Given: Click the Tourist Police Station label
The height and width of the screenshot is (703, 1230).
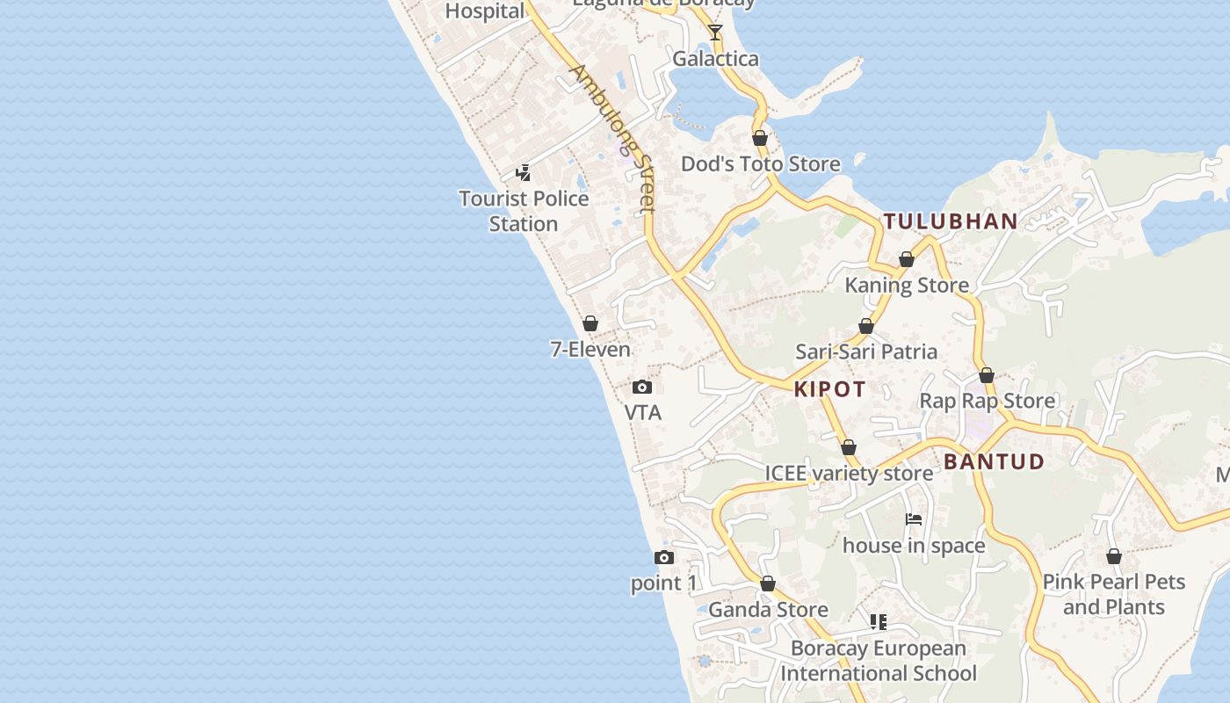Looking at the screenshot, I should tap(524, 211).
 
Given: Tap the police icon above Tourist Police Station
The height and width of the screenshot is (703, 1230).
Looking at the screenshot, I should tap(523, 173).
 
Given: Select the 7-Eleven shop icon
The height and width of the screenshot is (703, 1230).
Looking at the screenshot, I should tap(590, 323).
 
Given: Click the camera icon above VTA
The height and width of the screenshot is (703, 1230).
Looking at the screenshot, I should tap(642, 387).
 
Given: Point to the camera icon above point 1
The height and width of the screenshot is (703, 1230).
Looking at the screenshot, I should tap(664, 557).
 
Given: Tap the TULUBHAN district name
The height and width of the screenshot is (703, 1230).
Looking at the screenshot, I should tap(951, 221).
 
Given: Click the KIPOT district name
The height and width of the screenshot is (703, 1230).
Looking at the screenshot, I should tap(830, 389).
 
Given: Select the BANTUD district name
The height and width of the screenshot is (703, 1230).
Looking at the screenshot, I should tap(995, 461).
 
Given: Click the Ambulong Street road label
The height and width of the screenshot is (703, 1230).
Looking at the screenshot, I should tap(613, 138).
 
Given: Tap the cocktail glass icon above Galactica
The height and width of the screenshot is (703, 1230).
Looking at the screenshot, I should tap(715, 33).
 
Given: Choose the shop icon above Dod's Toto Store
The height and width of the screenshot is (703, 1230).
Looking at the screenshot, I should tap(760, 138).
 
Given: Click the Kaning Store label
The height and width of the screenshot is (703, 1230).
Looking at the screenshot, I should tap(907, 286).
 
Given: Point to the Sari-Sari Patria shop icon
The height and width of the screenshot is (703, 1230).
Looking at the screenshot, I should tap(866, 326).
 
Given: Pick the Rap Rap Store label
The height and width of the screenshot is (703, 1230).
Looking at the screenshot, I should tap(987, 402).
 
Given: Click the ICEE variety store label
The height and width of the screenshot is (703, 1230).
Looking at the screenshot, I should tap(849, 474).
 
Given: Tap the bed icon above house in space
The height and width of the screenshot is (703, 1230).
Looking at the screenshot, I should tap(914, 519).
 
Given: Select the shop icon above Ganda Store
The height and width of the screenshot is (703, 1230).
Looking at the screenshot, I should tap(768, 583).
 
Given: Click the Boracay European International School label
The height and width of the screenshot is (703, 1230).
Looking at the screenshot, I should tap(879, 661).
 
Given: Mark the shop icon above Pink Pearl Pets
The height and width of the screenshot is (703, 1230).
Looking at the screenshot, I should tap(1114, 556).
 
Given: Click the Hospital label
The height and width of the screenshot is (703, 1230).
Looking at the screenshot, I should tap(485, 11).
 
